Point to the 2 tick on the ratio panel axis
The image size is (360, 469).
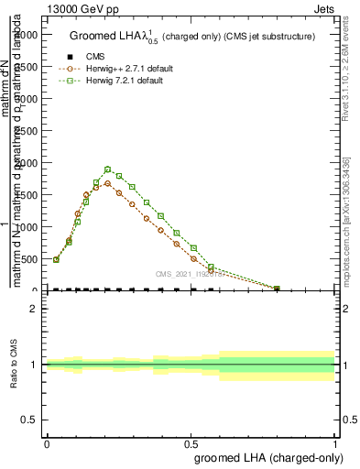point(34,309)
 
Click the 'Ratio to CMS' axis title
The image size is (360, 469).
point(13,365)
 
